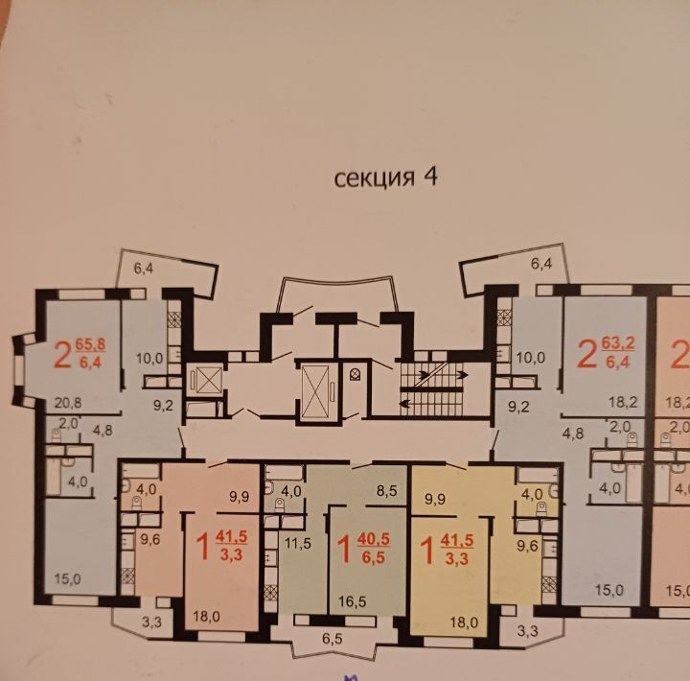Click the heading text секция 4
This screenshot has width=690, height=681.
coord(385,177)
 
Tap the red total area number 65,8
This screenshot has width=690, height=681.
coord(90,344)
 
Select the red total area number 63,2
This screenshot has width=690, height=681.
coord(617,343)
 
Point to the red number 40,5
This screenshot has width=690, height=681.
coord(373,539)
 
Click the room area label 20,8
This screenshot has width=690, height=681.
coord(68,403)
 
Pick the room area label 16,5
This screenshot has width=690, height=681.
coord(352,601)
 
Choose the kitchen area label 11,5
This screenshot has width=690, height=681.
coord(297,543)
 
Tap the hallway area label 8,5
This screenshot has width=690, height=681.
coord(387,491)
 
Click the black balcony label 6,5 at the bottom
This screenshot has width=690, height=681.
coord(333,638)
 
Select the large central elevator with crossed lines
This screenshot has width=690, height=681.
coord(315,392)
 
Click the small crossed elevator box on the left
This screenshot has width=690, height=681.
coord(209,380)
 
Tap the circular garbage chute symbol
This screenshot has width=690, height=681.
coord(355,374)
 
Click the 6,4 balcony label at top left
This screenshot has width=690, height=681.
coord(144,269)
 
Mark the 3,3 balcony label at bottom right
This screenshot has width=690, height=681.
coord(527,631)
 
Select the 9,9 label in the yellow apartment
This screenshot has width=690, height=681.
coord(436,499)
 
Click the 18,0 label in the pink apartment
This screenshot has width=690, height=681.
coord(206,616)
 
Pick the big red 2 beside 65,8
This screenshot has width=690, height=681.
coord(62,355)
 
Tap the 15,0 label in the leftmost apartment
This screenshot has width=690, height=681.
coord(67,578)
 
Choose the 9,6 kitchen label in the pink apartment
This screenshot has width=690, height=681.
coord(150,539)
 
